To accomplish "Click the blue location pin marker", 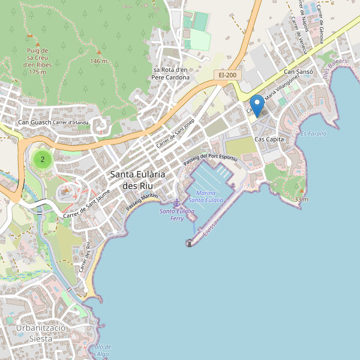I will pyautogui.click(x=257, y=105).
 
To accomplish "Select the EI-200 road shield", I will pyautogui.click(x=227, y=75).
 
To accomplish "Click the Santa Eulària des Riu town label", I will pyautogui.click(x=137, y=180).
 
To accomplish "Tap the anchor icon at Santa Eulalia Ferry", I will pyautogui.click(x=177, y=203).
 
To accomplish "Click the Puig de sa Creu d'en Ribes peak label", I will pyautogui.click(x=37, y=61).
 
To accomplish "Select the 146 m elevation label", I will pyautogui.click(x=98, y=61).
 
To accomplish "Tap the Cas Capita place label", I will pyautogui.click(x=269, y=139).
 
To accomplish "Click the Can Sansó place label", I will pyautogui.click(x=298, y=72).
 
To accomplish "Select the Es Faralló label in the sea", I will pyautogui.click(x=313, y=134).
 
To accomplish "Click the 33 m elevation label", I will pyautogui.click(x=302, y=199).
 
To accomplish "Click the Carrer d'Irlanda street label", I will pyautogui.click(x=71, y=123).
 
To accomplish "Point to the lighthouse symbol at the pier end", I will pyautogui.click(x=190, y=243).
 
